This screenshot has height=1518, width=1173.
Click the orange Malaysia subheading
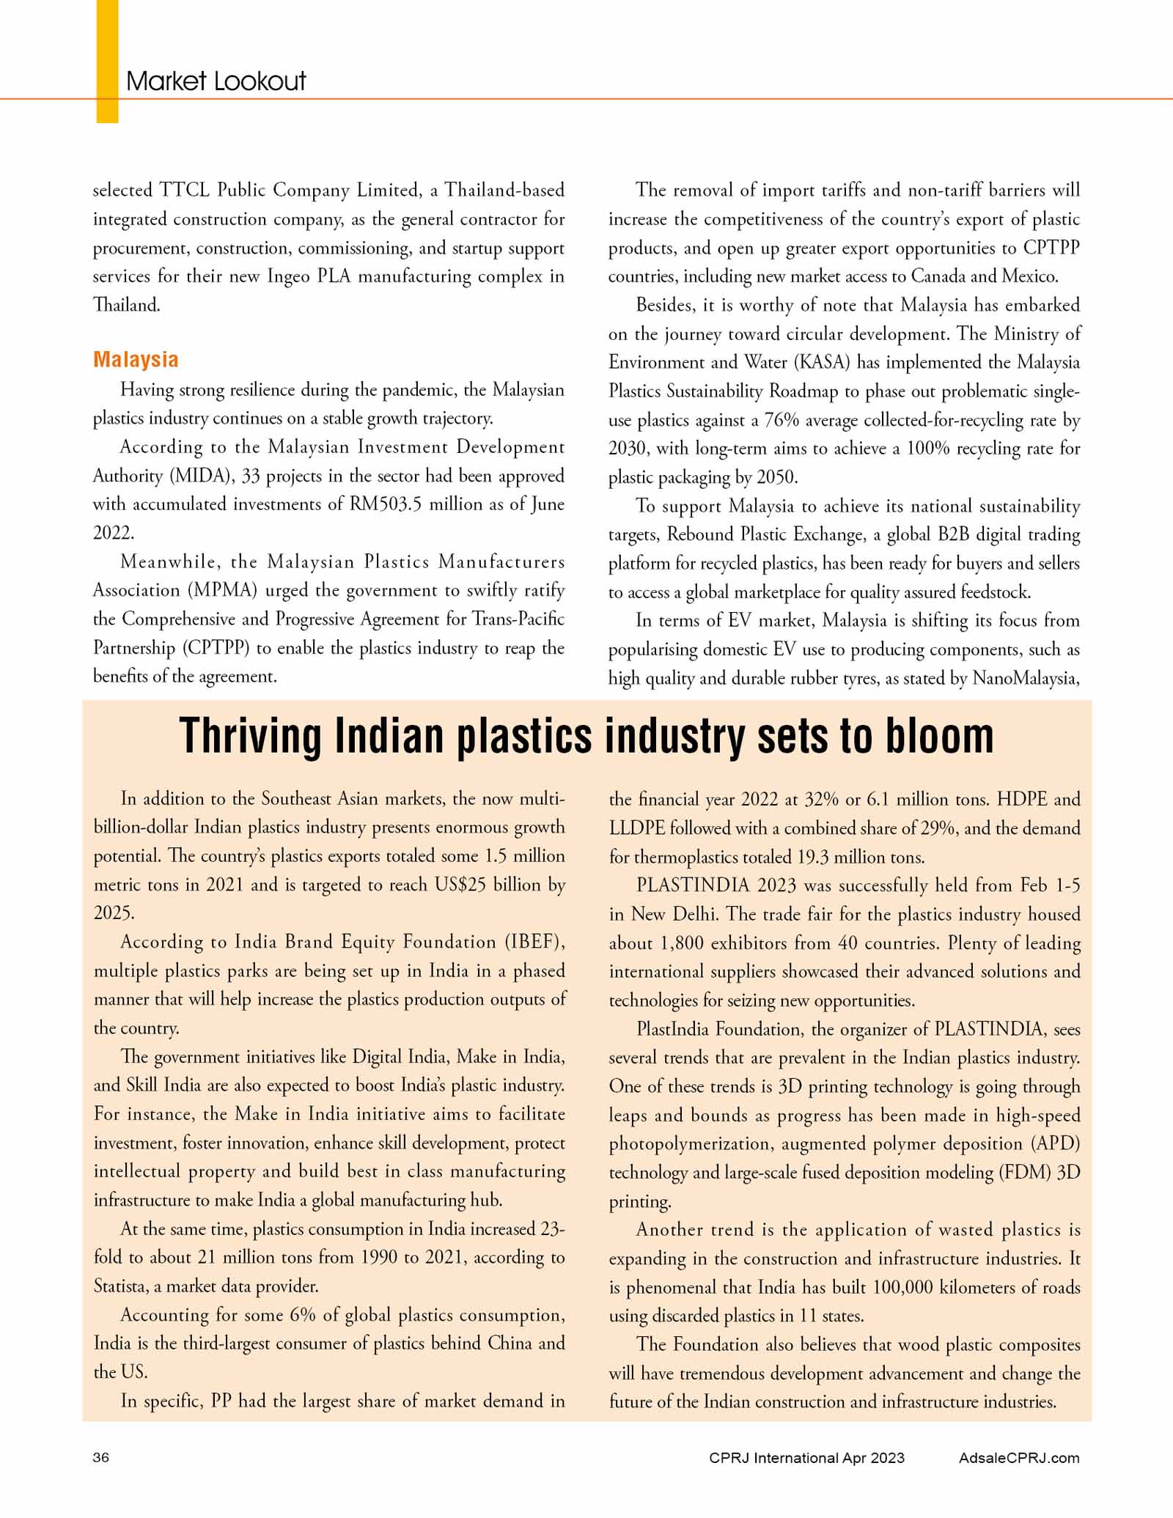[136, 360]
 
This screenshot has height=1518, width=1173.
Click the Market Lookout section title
[216, 81]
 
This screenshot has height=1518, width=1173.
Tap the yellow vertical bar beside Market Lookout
[107, 61]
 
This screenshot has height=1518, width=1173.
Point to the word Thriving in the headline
[250, 736]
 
